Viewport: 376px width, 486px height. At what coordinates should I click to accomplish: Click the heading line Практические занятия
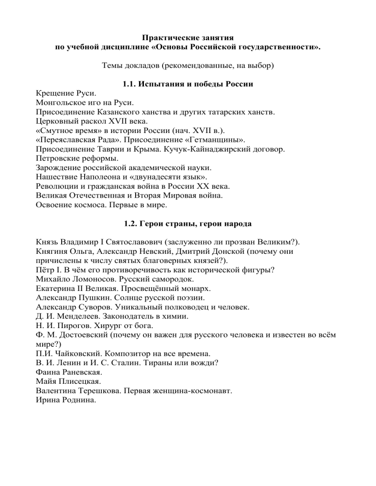[188, 38]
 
